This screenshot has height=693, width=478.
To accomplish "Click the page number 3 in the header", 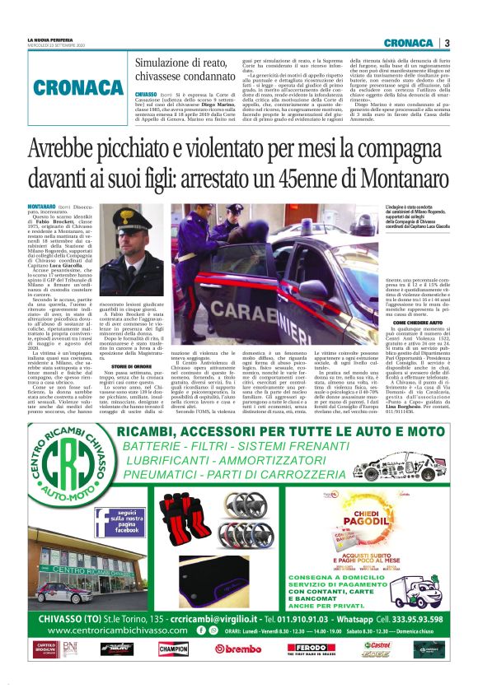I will [x=447, y=43].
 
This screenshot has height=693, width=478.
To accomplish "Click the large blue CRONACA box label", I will [x=80, y=89].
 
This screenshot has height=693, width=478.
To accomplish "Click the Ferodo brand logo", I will [x=309, y=649].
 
